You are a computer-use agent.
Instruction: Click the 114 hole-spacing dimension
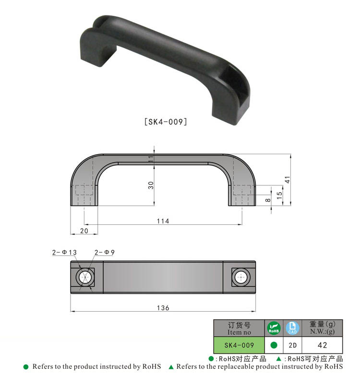tap(163, 221)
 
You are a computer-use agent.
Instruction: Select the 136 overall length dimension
tap(163, 308)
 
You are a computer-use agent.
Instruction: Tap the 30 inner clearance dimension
tap(150, 185)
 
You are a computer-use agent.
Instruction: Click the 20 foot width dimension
tap(84, 231)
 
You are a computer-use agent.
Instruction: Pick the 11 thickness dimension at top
tap(150, 159)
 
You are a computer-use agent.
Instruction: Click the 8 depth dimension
tap(268, 200)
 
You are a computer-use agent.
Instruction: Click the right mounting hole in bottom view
tap(240, 277)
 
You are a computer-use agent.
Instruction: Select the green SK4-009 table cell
tap(239, 345)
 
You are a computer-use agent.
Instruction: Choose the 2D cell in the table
tap(292, 345)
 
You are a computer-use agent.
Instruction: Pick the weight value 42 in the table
tap(322, 345)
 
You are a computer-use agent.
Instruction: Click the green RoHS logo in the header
tap(274, 328)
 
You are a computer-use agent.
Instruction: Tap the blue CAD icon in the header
tap(292, 328)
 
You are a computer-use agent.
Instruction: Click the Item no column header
tap(239, 328)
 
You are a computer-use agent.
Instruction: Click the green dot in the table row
tap(274, 345)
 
